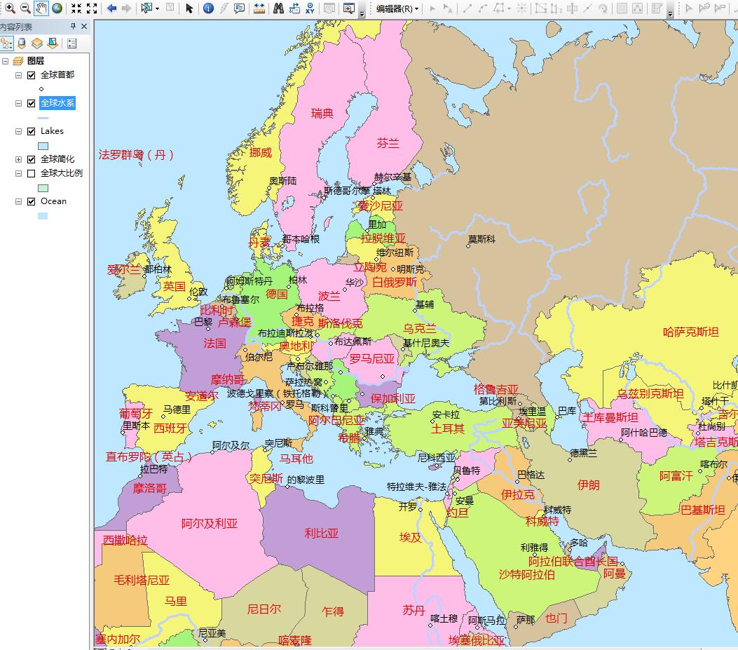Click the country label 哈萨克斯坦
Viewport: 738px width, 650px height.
pos(690,332)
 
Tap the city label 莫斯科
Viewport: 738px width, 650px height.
pos(481,239)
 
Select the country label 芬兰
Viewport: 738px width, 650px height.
pos(388,143)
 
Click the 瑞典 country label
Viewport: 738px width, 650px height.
pos(322,113)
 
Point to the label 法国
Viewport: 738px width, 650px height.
pos(214,343)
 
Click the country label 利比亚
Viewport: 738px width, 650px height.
pos(321,533)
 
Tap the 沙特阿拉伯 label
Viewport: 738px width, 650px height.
pos(526,574)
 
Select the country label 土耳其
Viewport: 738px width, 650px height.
pos(447,428)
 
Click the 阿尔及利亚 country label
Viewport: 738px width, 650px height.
pos(209,523)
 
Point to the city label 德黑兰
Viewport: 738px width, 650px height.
pos(583,453)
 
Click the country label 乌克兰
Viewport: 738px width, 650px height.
pos(419,328)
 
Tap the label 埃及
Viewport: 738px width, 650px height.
pos(411,537)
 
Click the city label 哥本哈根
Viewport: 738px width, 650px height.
pos(301,239)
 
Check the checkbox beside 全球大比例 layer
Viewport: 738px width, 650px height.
pos(31,173)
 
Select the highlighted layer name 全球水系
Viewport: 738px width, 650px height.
pos(57,103)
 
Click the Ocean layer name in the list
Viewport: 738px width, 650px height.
pos(53,201)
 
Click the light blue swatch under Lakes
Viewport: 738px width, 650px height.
pos(43,146)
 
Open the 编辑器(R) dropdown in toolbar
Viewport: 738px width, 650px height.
pos(397,8)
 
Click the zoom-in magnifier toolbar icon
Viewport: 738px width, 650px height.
pos(10,8)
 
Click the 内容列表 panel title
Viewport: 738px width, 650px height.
pos(16,27)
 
